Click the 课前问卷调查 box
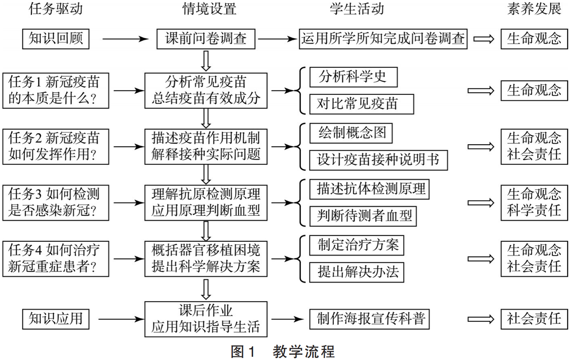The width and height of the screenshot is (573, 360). pos(206,39)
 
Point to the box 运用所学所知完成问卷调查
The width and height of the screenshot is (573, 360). pos(384,39)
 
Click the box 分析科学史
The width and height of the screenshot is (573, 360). pos(353,77)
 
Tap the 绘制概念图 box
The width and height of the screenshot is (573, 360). pos(351,133)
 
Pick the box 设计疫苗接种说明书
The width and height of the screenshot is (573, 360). pos(378,159)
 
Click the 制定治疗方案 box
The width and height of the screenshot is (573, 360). pos(358,245)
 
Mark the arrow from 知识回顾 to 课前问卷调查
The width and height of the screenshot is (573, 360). pos(124,39)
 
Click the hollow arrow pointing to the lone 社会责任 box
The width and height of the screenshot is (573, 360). pos(481,319)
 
